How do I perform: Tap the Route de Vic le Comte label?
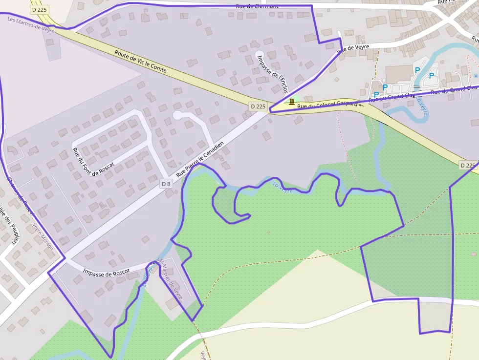[x=140, y=63]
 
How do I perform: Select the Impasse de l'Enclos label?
[x=272, y=74]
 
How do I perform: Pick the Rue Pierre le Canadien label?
[x=200, y=159]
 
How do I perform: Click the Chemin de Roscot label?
[x=20, y=195]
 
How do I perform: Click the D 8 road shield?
[x=166, y=184]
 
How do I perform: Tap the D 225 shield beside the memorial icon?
[x=258, y=106]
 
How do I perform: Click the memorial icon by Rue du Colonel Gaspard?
[x=291, y=102]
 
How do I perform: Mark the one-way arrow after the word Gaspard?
[x=361, y=105]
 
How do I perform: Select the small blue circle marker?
[x=476, y=76]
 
